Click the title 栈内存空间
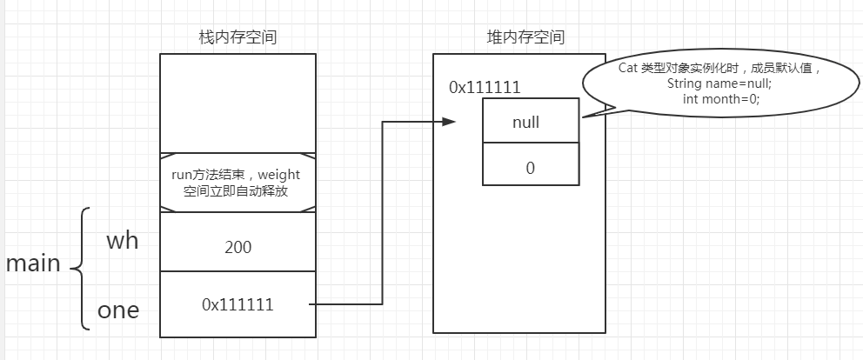click(237, 37)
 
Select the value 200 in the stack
click(237, 247)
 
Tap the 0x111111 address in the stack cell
click(237, 304)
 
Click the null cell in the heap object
click(531, 122)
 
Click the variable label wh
click(122, 241)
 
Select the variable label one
click(118, 310)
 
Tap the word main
click(33, 264)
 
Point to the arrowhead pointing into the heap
click(448, 122)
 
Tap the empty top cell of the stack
click(237, 103)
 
